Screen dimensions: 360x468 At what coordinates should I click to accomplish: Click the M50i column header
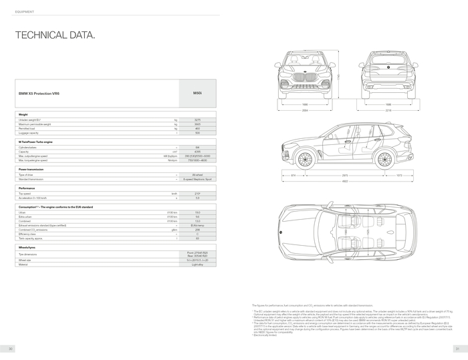tap(197, 94)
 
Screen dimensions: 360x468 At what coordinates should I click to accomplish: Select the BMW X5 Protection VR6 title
tap(39, 94)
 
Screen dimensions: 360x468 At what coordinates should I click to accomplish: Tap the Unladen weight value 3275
tap(197, 120)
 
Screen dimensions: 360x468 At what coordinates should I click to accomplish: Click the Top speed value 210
tap(197, 194)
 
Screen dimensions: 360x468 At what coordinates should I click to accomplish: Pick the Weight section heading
tap(23, 114)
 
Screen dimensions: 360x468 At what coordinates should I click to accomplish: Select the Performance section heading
tap(27, 188)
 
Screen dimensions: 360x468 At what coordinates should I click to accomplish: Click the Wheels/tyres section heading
tap(28, 247)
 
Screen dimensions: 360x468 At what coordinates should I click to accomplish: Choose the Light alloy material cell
tap(197, 264)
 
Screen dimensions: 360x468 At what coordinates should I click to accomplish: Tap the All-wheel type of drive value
tap(197, 174)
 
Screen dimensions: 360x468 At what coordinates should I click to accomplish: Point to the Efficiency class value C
tap(197, 234)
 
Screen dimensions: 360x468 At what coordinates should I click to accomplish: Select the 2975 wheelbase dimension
tap(345, 175)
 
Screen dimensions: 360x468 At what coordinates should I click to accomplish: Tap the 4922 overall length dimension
tap(345, 181)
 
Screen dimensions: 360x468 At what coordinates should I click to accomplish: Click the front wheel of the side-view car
tap(305, 159)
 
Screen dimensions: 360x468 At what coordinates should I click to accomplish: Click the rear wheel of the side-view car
tap(384, 159)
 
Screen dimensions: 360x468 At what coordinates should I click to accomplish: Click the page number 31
tap(457, 349)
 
